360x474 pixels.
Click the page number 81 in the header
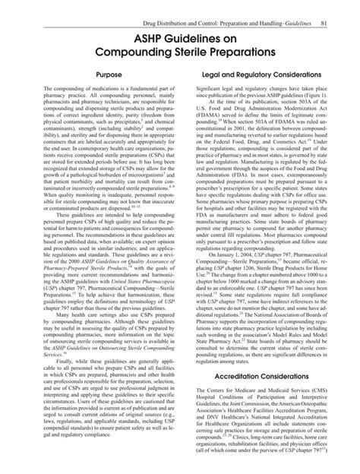coord(323,7)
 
